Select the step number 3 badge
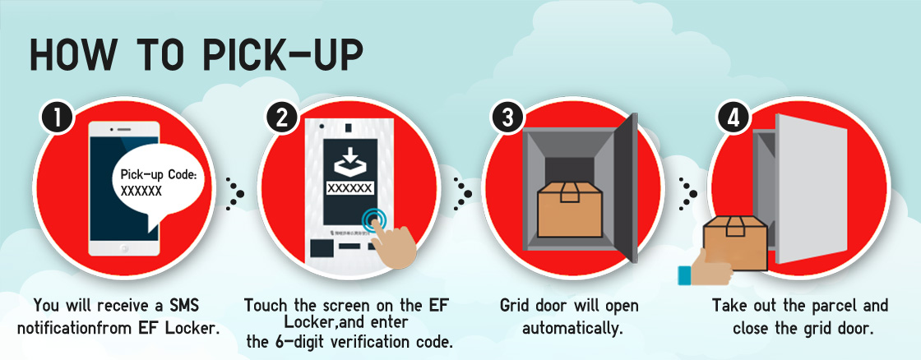click(x=507, y=118)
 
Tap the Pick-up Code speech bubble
click(x=161, y=186)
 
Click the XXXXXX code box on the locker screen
click(x=350, y=188)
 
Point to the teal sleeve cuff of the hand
click(x=683, y=275)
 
